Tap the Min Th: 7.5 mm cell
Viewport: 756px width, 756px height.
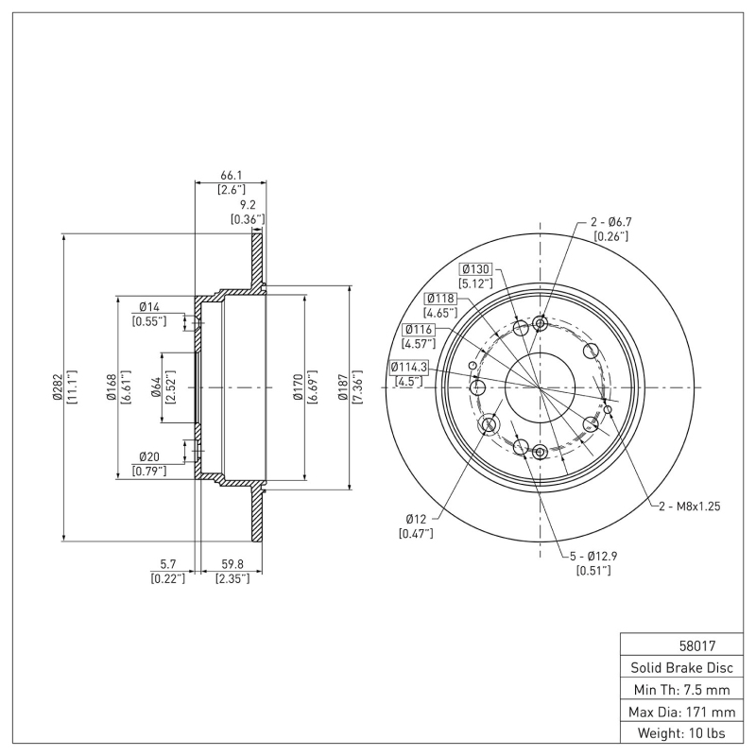680,689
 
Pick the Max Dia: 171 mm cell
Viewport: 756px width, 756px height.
680,711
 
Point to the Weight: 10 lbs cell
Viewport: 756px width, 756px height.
680,732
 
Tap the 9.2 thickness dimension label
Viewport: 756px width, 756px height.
247,204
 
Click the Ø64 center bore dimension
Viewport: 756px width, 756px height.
157,387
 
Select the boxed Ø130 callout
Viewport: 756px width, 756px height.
478,268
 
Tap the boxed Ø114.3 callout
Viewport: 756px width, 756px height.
408,367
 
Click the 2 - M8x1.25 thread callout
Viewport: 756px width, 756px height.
689,507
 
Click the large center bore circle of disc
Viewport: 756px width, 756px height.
540,387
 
